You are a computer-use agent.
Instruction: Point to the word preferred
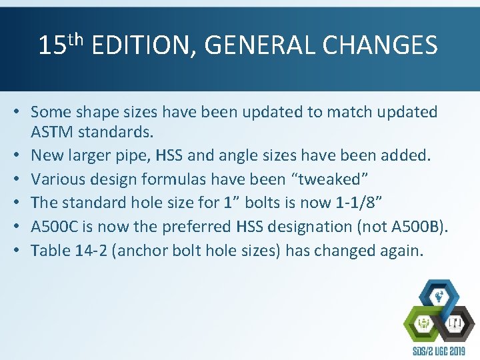pos(197,227)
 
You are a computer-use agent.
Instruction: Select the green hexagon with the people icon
pos(423,324)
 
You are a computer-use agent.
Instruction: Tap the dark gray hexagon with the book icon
pos(456,324)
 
